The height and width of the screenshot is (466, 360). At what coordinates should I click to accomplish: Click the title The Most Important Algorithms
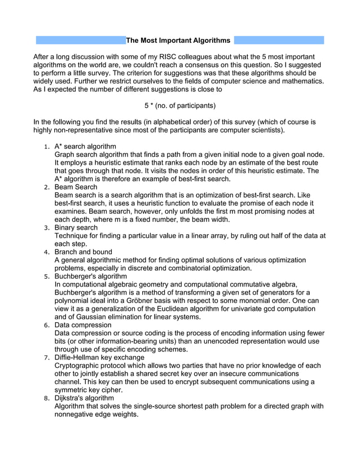[178, 41]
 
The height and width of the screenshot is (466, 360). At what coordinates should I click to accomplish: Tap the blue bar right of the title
[279, 41]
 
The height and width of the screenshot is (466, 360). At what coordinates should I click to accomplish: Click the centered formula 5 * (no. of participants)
[180, 105]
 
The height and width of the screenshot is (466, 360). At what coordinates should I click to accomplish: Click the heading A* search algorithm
[85, 146]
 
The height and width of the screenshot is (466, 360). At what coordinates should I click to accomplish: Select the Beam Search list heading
[76, 187]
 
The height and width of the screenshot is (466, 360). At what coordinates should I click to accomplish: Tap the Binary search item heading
[76, 227]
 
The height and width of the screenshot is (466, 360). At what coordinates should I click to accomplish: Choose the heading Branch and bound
[83, 252]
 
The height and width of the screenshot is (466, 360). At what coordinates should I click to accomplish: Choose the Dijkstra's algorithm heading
[84, 398]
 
